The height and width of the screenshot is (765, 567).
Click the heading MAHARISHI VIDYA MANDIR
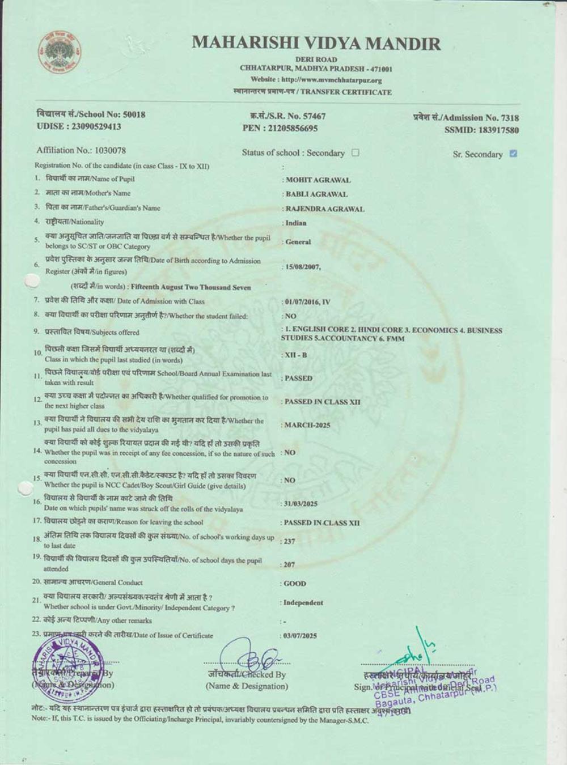[x=316, y=43]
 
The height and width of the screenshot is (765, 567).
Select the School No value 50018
[x=134, y=114]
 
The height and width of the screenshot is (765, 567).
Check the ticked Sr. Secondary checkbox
[x=513, y=154]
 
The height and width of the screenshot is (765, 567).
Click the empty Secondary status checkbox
[x=356, y=152]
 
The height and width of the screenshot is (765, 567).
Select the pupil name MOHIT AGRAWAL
[x=318, y=180]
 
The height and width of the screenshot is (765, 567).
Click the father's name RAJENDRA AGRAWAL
[x=325, y=209]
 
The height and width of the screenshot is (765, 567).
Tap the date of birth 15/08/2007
[x=303, y=267]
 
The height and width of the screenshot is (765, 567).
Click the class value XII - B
[x=295, y=355]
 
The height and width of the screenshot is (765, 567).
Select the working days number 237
[x=290, y=541]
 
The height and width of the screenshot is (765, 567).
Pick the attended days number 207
[x=290, y=564]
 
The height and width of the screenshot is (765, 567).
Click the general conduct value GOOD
[x=295, y=583]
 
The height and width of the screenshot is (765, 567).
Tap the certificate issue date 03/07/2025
[x=301, y=636]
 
